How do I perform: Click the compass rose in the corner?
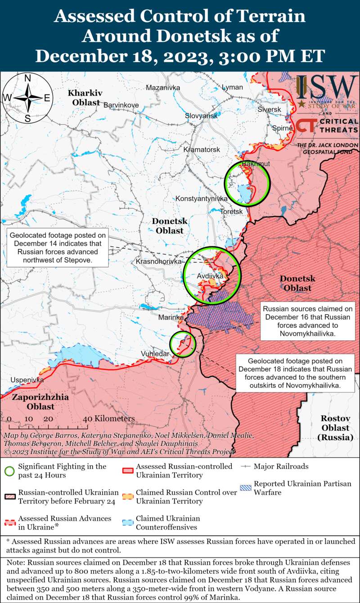[27, 98]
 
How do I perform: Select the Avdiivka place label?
[210, 276]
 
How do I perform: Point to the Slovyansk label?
[201, 116]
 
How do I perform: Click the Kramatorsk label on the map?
[202, 149]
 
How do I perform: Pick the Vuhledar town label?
[155, 354]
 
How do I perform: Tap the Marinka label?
[171, 317]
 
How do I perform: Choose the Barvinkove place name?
[121, 105]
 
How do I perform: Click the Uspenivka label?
[27, 380]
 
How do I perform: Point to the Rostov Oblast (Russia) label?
[335, 427]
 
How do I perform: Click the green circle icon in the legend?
[9, 471]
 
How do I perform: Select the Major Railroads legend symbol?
[246, 467]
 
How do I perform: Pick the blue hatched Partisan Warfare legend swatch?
[246, 488]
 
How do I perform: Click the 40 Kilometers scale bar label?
[108, 418]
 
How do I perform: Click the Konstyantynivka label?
[201, 199]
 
